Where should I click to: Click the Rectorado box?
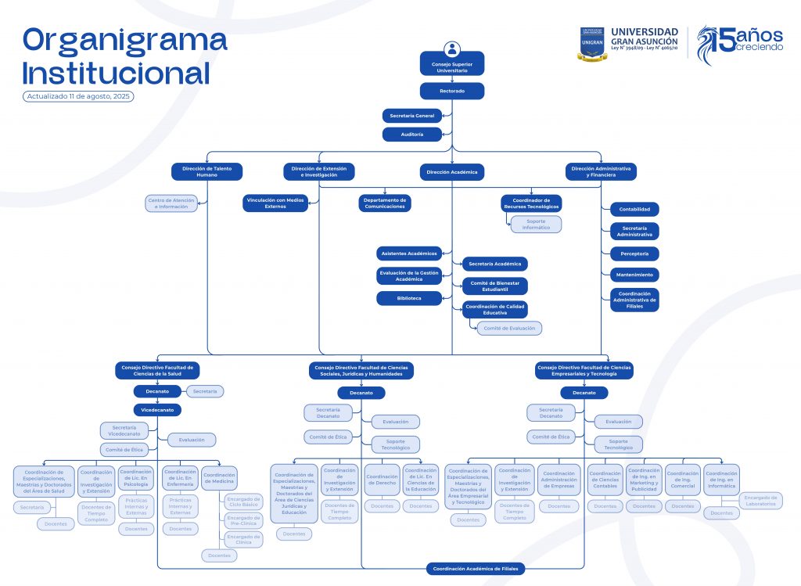point(451,91)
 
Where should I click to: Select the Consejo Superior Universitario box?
point(451,67)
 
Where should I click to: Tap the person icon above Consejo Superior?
point(451,49)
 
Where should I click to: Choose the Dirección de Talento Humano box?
point(207,171)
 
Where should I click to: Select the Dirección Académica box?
point(451,171)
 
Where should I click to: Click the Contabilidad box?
point(634,209)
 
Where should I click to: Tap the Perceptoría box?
point(634,253)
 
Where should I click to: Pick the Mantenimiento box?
point(634,275)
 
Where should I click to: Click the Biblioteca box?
point(409,298)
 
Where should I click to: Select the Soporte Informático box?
point(536,225)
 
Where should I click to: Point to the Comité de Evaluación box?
point(509,329)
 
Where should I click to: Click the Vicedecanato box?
point(157,409)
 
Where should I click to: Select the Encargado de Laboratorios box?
point(760,501)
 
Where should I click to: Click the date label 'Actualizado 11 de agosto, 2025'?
point(78,96)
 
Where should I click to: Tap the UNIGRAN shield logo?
point(592,43)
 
